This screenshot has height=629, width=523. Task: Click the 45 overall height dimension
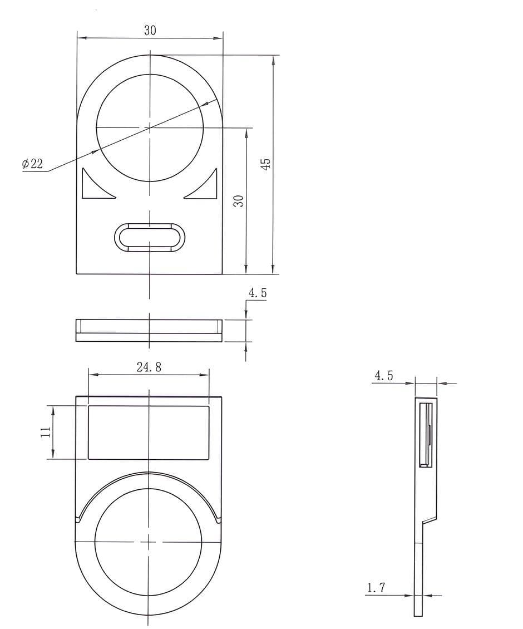tap(266, 163)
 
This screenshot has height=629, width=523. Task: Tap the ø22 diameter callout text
tap(32, 164)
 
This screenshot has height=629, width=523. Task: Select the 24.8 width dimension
tap(149, 367)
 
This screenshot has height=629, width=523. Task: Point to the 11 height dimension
tap(47, 431)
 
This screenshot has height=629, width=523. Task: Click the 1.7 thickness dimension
tap(376, 588)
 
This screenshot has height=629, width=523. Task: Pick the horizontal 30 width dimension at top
tap(150, 31)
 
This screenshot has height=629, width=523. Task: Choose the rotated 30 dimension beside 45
tap(239, 200)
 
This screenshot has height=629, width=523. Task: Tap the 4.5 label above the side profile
tap(384, 376)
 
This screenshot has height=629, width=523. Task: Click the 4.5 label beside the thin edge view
tap(258, 293)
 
